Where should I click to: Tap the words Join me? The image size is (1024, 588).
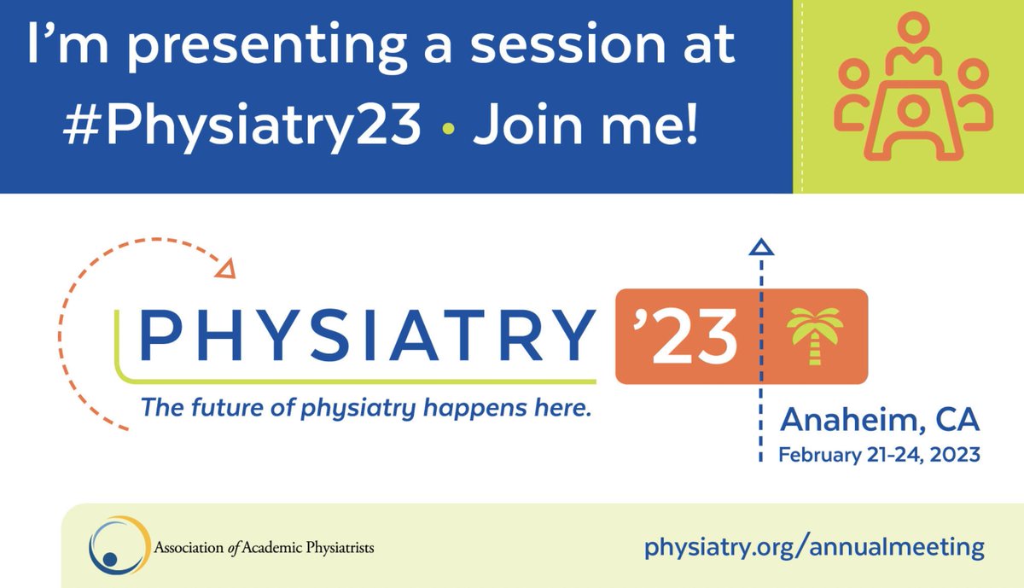pos(585,125)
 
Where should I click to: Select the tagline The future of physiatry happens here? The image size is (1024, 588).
pos(365,409)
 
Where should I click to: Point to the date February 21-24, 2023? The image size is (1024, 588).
pos(879,455)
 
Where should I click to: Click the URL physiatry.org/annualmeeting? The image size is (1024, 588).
pos(814,545)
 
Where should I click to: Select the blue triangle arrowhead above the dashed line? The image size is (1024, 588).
pos(760,248)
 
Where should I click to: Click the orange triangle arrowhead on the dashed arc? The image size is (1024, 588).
pos(225,270)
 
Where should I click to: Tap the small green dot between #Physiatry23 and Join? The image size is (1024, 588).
pos(448,127)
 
